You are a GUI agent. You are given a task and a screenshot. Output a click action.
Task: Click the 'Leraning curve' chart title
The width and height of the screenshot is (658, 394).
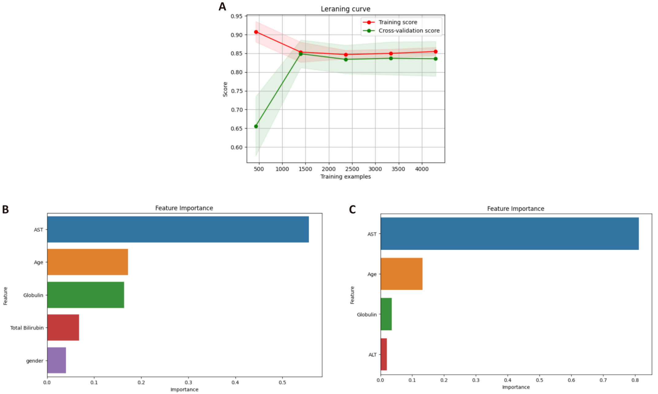pos(346,9)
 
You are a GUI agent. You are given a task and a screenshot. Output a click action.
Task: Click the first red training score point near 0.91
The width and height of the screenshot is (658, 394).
pos(256,32)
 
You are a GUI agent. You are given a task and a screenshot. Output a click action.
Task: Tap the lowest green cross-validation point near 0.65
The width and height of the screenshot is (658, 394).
pos(256,126)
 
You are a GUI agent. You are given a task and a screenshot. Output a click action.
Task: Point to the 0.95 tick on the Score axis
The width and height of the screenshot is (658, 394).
pos(237,16)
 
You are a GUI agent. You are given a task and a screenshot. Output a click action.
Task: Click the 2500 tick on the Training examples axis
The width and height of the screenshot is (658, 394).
pos(352,169)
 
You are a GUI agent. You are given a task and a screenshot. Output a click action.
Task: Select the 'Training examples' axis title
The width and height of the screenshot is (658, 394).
pos(346,177)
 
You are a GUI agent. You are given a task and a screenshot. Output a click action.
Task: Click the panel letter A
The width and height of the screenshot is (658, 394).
pos(222,7)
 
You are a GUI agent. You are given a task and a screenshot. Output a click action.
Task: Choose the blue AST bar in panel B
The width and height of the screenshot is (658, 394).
pos(178,229)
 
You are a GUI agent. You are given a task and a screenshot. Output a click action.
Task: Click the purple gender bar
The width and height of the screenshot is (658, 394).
pos(57,360)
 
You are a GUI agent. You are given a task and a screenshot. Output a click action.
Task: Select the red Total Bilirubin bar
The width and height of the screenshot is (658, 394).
pos(63,327)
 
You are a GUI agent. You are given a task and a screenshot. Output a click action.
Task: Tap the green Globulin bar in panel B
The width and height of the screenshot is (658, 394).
pos(86,295)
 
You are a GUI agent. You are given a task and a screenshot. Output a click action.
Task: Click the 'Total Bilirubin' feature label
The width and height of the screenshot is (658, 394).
pos(27,328)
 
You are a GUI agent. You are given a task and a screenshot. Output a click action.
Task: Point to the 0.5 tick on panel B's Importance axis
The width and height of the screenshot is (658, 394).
pos(282,382)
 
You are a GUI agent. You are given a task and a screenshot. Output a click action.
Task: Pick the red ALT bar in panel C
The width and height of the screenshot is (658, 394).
pos(384,354)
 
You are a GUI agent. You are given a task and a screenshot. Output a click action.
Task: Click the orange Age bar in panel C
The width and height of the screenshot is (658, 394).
pos(401,274)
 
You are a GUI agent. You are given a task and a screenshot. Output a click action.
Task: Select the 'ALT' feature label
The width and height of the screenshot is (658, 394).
pos(373,355)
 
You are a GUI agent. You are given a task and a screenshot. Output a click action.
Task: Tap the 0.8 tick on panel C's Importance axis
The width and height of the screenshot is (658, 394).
pos(635,380)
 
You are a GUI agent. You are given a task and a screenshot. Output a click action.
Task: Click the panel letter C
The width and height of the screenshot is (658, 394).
pos(352,209)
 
